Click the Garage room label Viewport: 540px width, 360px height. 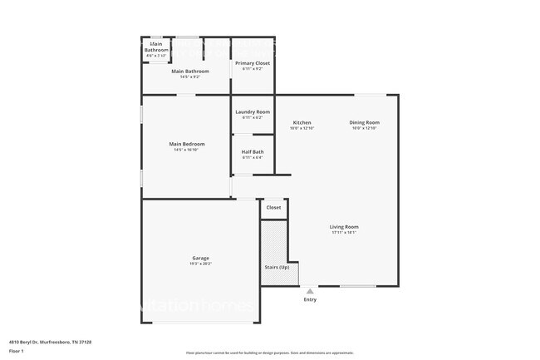coord(200,258)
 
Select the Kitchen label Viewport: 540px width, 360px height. coord(302,122)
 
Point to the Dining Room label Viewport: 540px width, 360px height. coord(365,122)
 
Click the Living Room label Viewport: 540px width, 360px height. coord(344,226)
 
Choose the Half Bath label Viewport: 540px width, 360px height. coord(253,151)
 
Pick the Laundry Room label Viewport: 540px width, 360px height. coord(253,111)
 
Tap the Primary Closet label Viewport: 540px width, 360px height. coord(253,62)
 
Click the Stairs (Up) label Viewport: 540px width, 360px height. coord(276,269)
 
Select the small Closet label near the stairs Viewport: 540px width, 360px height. coord(273,207)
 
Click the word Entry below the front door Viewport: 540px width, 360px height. coord(310,299)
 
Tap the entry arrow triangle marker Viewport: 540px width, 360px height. coord(310,292)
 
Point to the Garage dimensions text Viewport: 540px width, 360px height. coord(200,264)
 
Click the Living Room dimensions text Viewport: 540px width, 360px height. coord(344,232)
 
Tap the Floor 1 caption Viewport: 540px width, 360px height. coord(17,351)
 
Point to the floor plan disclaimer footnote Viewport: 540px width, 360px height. coord(269,353)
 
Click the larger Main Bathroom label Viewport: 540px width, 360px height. coord(190,71)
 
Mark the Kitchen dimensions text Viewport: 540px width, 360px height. coord(302,128)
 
